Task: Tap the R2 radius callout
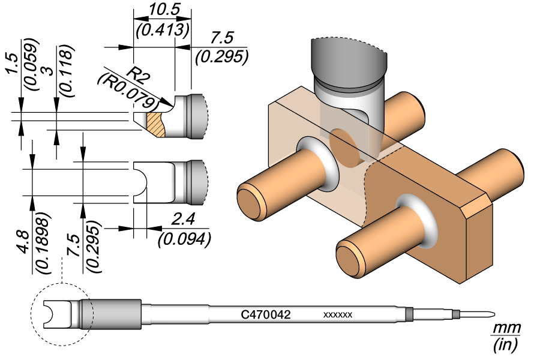(140, 75)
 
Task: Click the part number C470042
(266, 314)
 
